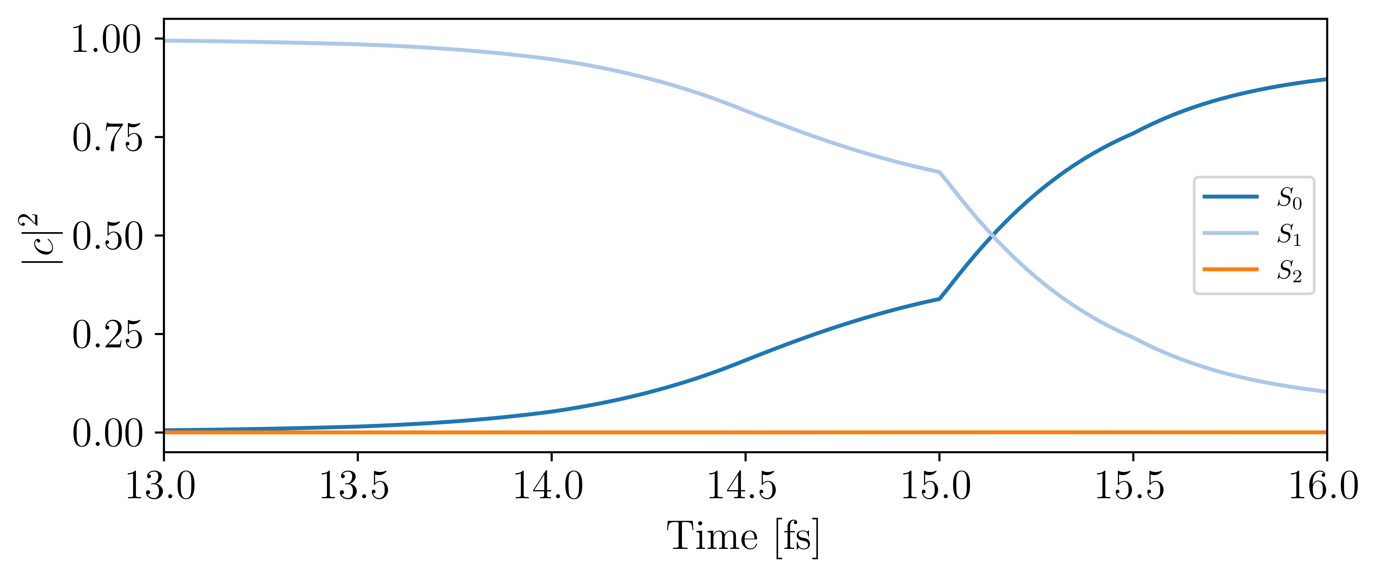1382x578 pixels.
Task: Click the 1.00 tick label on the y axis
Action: pyautogui.click(x=107, y=40)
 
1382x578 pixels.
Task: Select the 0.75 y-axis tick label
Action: pyautogui.click(x=107, y=138)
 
